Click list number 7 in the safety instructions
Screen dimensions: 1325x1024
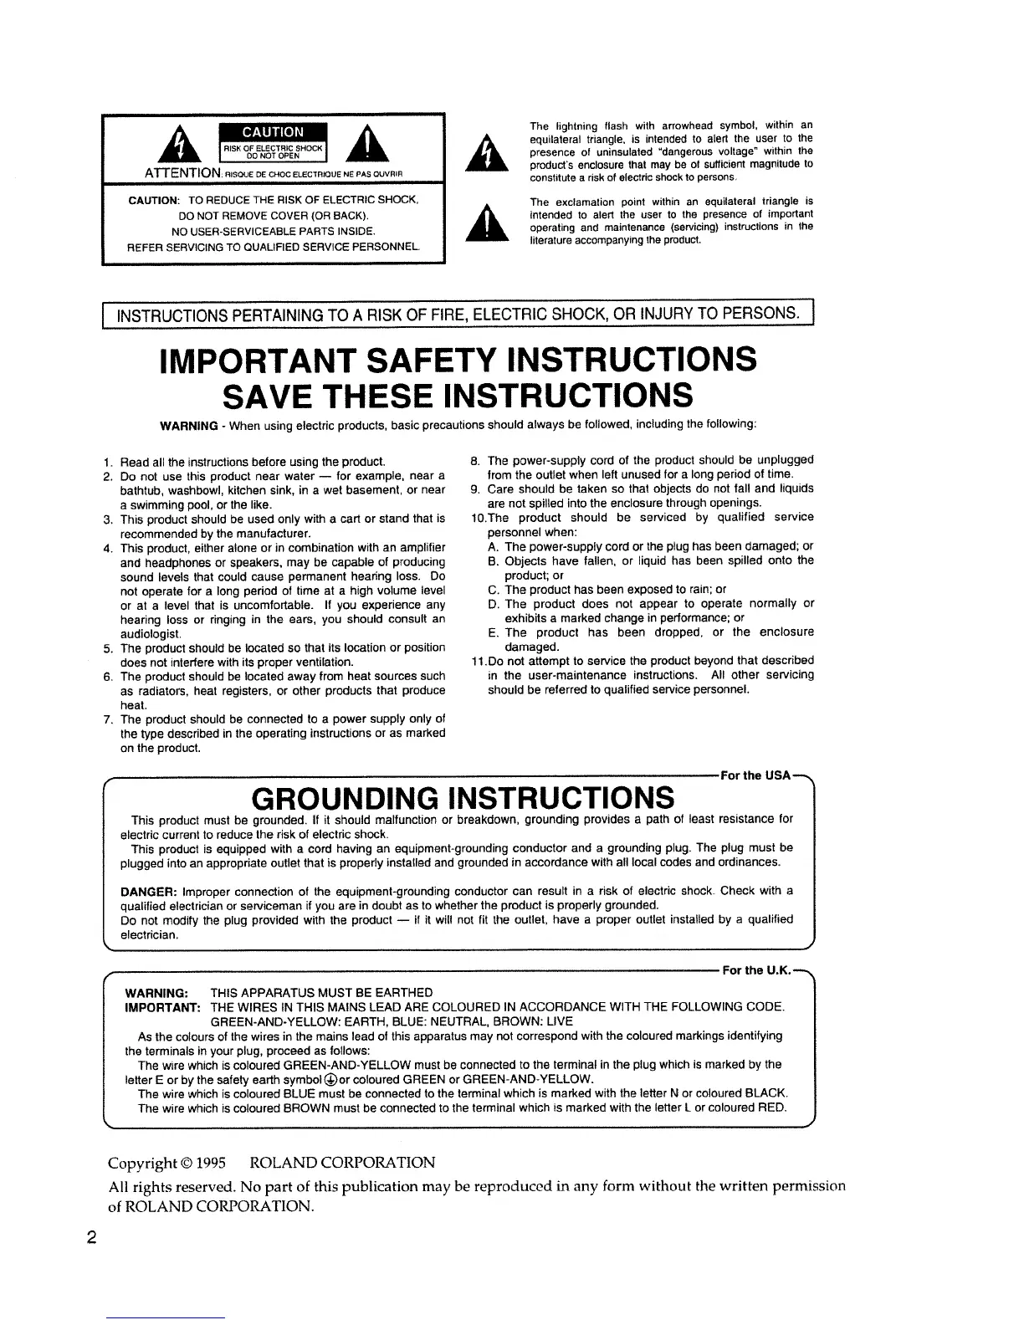pyautogui.click(x=108, y=719)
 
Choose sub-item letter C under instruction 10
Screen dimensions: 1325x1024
pyautogui.click(x=492, y=589)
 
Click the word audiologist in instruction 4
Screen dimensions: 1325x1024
pyautogui.click(x=146, y=633)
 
